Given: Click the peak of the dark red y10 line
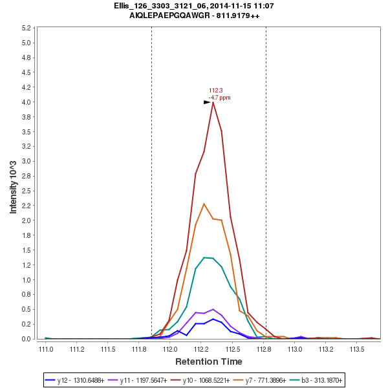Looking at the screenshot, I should tap(213, 102).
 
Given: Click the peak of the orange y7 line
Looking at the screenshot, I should tap(204, 204).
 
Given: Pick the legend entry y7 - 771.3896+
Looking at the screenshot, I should tap(255, 379).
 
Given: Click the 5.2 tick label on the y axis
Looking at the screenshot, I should tap(27, 28).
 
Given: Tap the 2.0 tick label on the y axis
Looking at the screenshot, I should tap(27, 221).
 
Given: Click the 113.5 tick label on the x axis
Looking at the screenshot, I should tap(358, 349).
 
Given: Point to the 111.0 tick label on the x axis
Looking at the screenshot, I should tap(46, 349).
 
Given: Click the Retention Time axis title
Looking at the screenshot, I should tap(208, 361).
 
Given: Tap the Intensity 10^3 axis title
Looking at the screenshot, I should tap(13, 184).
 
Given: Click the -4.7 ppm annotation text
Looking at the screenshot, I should tap(219, 98).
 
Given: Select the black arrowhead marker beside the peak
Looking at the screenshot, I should tap(207, 102).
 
